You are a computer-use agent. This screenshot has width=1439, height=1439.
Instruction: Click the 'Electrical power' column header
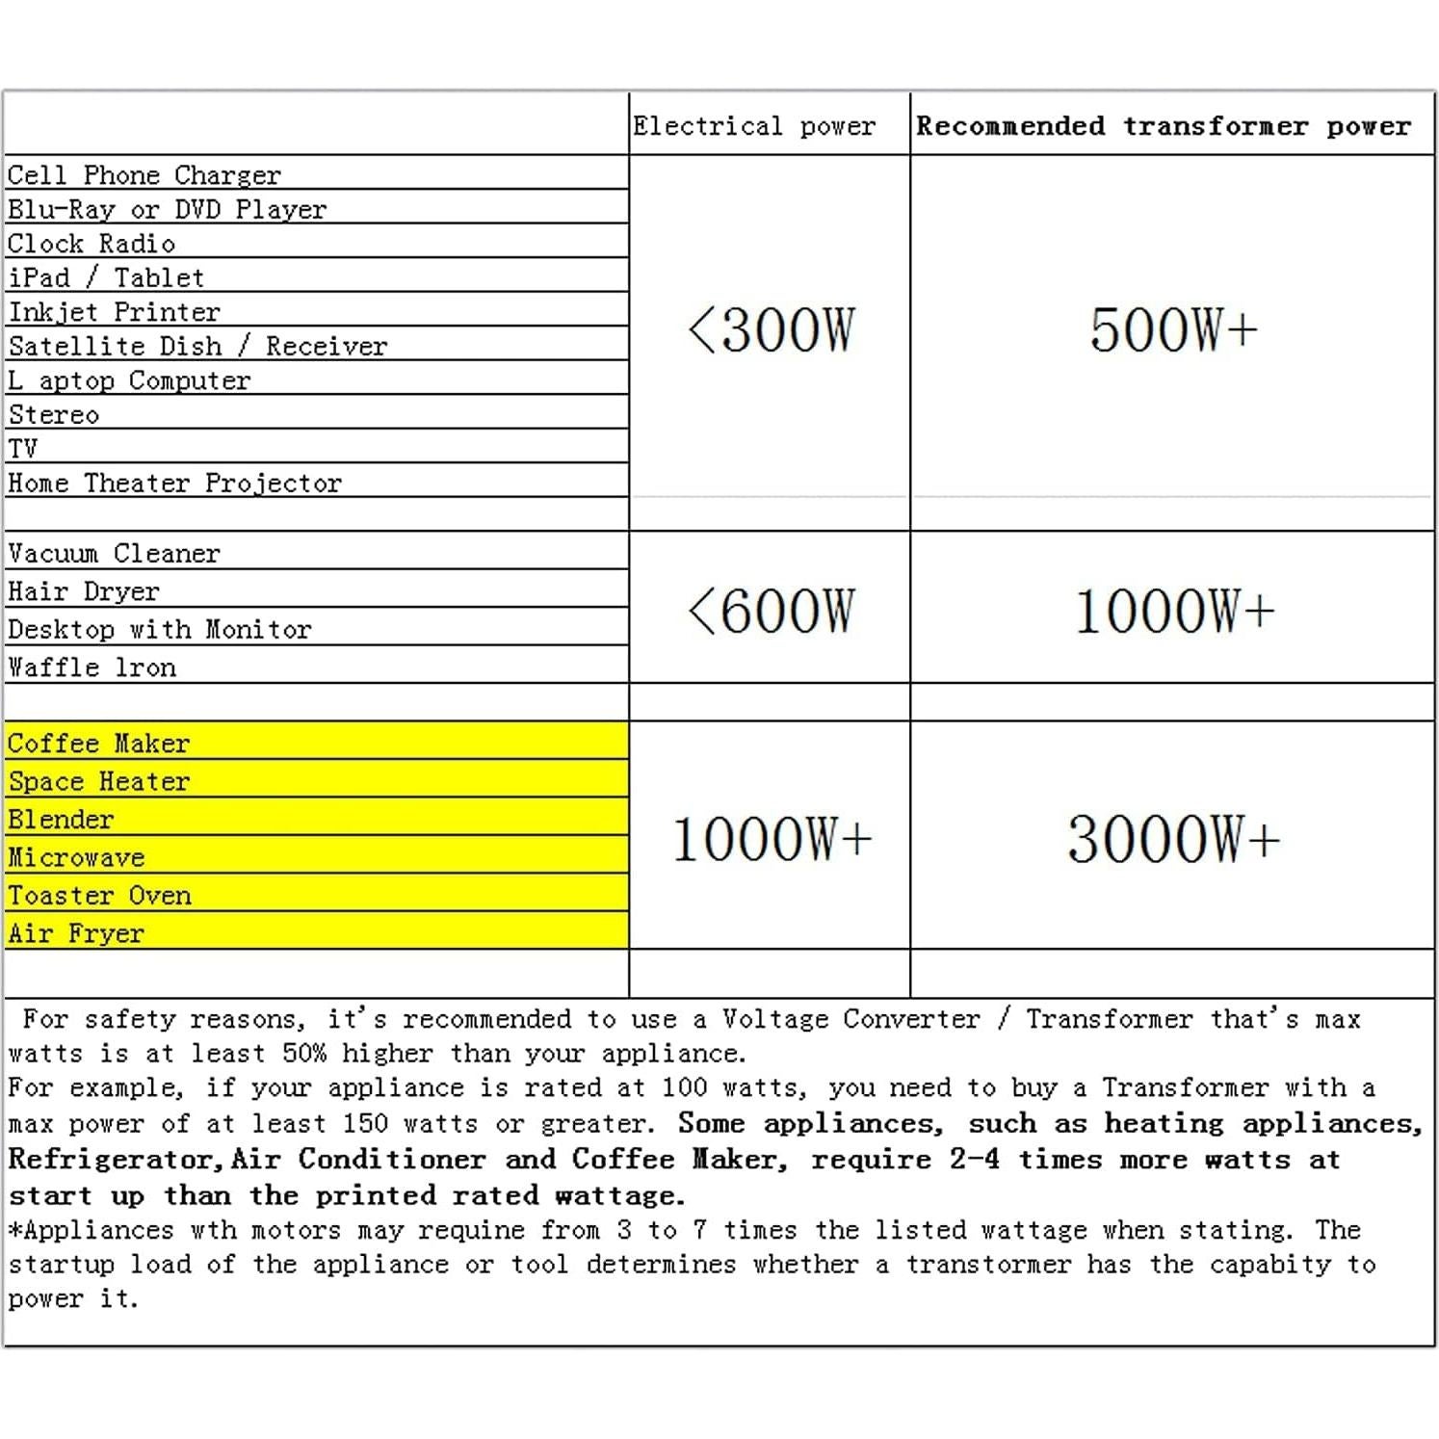[754, 126]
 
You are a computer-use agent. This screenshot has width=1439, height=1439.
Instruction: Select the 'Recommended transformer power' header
[1163, 126]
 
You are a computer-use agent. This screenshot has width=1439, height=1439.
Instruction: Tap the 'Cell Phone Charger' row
[144, 175]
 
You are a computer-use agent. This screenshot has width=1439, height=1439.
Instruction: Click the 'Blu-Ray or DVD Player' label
[167, 210]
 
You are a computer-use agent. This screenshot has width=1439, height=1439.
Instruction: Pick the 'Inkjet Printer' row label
[114, 312]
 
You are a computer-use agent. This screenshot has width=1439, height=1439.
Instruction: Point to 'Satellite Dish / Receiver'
[197, 347]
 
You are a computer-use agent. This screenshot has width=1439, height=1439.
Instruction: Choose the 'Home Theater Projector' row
[174, 484]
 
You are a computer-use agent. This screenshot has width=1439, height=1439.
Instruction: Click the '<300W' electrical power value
[771, 330]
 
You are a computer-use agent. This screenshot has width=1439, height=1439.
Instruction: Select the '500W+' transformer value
[1173, 330]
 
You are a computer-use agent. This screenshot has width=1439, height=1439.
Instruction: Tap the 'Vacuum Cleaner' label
[114, 554]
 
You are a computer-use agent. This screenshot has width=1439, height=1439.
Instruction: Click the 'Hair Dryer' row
[84, 591]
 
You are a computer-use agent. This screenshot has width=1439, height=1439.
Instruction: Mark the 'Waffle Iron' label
[92, 667]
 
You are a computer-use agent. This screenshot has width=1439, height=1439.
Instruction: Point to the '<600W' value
[771, 612]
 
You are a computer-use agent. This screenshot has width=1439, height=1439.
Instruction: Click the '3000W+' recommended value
[1173, 839]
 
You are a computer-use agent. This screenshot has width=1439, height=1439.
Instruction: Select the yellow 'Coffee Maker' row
[98, 744]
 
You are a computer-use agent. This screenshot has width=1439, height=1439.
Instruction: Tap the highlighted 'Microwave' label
[76, 857]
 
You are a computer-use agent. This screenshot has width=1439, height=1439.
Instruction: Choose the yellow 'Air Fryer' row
[76, 933]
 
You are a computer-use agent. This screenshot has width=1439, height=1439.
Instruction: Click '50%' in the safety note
[304, 1053]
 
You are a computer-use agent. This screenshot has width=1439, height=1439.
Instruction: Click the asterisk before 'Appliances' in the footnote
[14, 1230]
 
